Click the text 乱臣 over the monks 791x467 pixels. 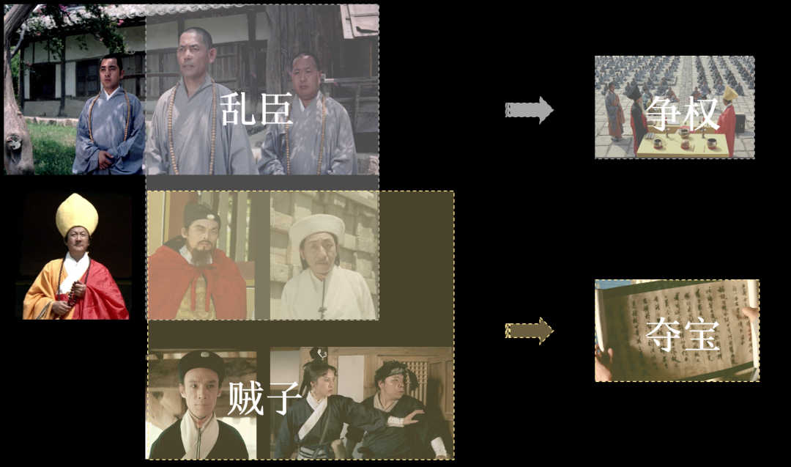[x=256, y=109]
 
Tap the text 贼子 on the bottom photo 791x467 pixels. [x=264, y=398]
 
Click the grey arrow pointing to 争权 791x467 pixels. [x=529, y=110]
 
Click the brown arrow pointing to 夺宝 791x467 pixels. [x=529, y=331]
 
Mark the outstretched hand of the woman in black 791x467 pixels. [x=415, y=419]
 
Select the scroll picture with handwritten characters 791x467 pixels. [x=676, y=330]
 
